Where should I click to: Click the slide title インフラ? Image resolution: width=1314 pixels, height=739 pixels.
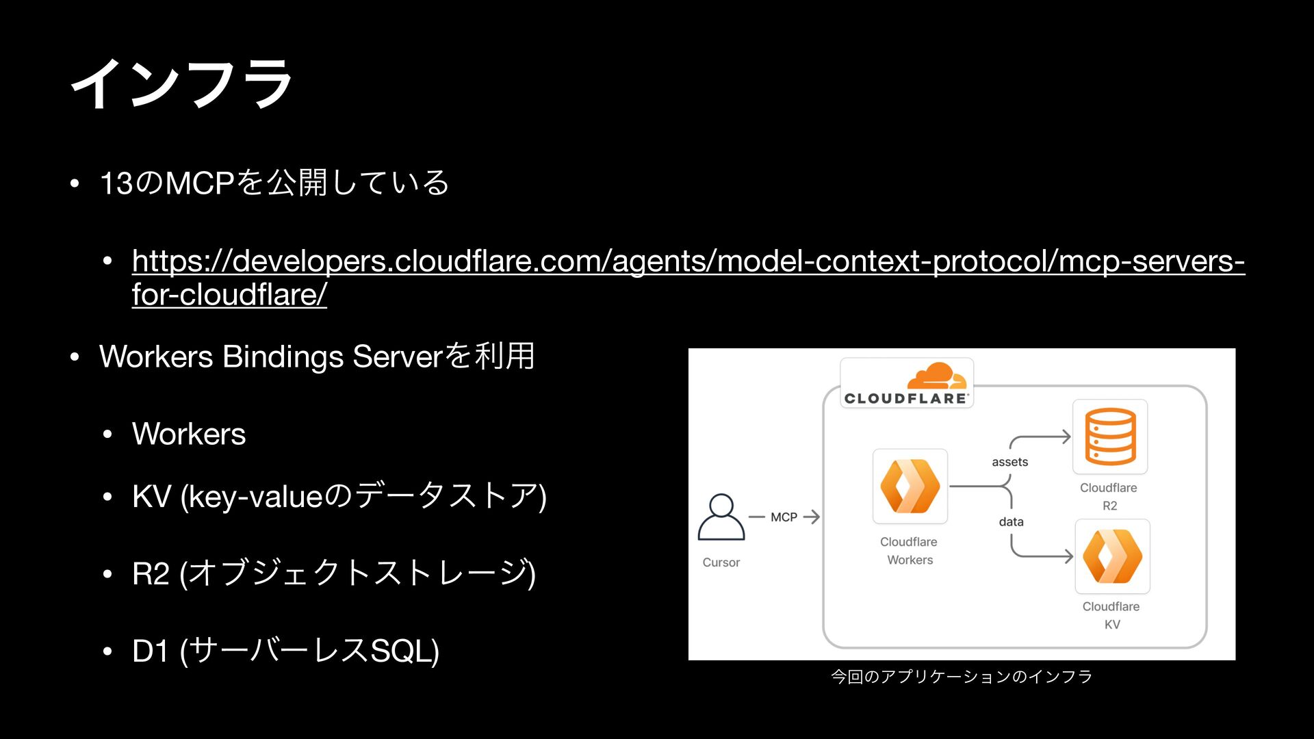coord(182,83)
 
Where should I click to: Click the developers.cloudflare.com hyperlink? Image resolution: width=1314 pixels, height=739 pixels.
coord(688,261)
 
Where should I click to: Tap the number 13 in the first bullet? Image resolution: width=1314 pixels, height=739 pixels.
coord(116,183)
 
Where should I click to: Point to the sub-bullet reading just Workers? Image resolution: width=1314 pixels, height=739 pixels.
coord(189,434)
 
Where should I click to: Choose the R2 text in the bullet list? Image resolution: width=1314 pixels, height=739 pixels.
coord(151,573)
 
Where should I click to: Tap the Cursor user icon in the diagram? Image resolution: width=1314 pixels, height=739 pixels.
coord(721,517)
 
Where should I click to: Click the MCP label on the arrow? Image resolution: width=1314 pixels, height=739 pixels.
coord(784,517)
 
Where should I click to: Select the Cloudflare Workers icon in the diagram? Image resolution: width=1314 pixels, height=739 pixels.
coord(910,487)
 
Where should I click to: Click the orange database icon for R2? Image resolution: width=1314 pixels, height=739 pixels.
coord(1109,437)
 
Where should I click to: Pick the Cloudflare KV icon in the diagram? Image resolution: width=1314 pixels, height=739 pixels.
coord(1112,556)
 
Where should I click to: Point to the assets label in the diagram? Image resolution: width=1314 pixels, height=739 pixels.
coord(1009,462)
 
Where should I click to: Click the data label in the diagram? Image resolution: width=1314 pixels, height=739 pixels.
coord(1011,521)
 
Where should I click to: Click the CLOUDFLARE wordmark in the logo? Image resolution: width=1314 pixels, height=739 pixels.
coord(905,398)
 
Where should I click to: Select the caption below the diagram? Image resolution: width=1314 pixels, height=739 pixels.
coord(961,677)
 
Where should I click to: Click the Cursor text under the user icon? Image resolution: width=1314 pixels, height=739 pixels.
coord(721,562)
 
